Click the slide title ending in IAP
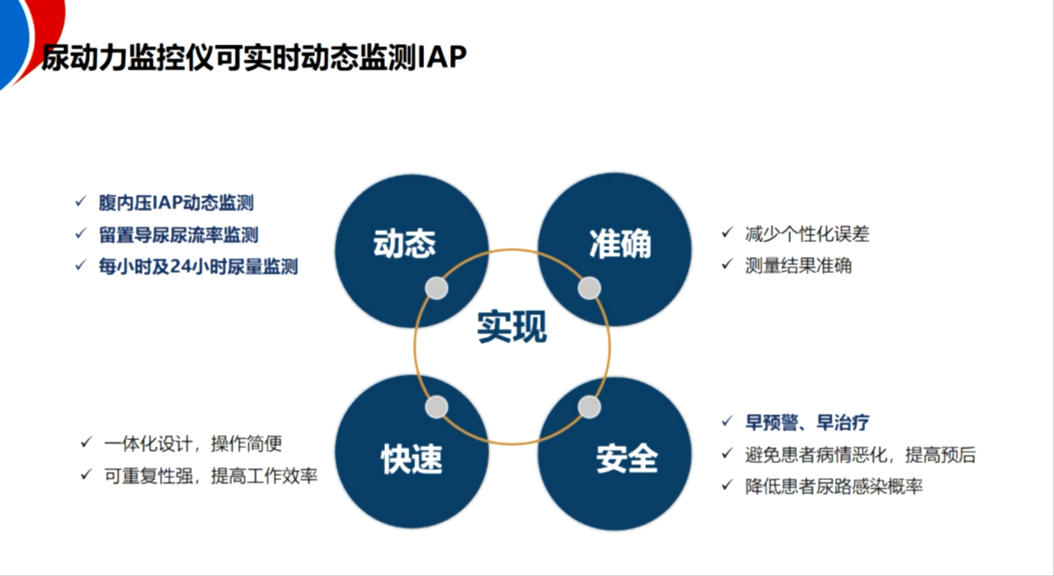(x=254, y=57)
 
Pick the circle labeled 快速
(x=411, y=459)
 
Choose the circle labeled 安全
(x=626, y=459)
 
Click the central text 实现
(x=511, y=327)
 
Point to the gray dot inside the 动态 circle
(x=436, y=288)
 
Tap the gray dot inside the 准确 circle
(x=589, y=288)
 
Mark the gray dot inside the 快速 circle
(x=436, y=407)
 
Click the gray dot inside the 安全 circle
(x=589, y=407)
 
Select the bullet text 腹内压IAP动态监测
(x=176, y=203)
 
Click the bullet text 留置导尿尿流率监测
(x=178, y=235)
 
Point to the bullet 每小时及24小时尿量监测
(x=198, y=267)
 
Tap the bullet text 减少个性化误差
(x=807, y=234)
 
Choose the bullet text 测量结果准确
(x=798, y=266)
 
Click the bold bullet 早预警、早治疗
(x=807, y=423)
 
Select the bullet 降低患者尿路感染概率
(x=833, y=487)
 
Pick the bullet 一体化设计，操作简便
(x=193, y=444)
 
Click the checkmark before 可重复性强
(x=86, y=475)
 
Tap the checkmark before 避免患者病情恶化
(x=727, y=454)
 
